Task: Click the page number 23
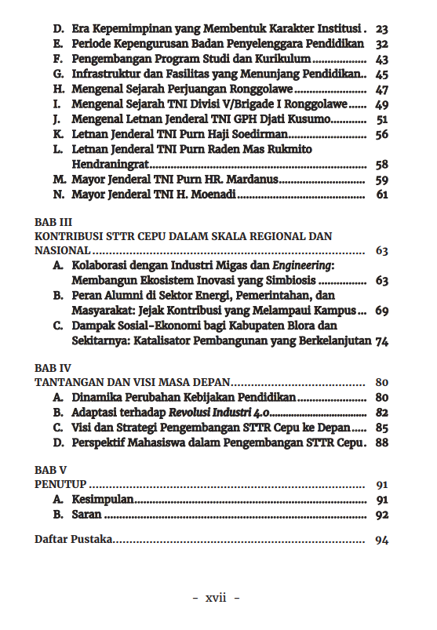tap(382, 29)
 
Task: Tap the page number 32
tap(382, 44)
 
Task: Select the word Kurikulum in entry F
tap(286, 59)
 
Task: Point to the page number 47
tap(382, 89)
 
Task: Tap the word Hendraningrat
tap(109, 165)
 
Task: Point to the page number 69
tap(382, 311)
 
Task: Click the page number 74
tap(382, 340)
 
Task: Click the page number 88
tap(382, 442)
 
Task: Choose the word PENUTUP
tap(60, 484)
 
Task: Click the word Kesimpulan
tap(102, 499)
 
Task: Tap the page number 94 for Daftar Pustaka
tap(382, 540)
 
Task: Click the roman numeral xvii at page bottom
tap(216, 598)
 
